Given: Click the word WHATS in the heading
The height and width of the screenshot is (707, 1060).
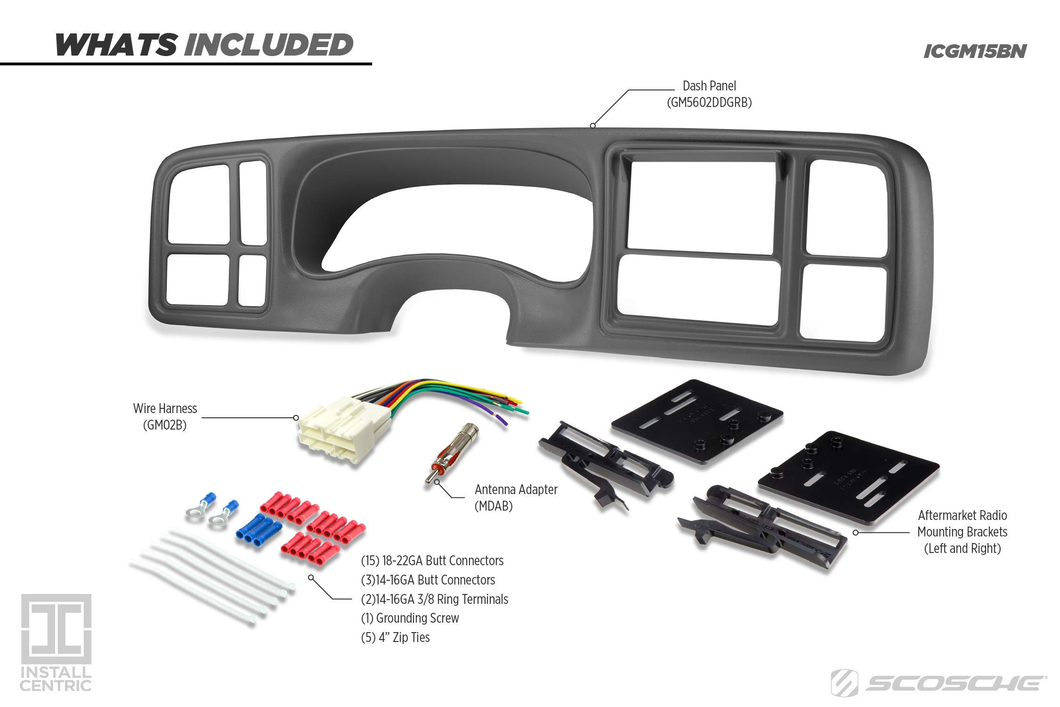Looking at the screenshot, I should tap(115, 45).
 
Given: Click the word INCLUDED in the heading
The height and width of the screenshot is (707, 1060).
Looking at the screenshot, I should tap(268, 45).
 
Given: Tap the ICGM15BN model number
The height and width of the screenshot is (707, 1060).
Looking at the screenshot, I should tap(974, 52).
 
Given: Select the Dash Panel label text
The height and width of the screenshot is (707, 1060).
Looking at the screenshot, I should tap(709, 86).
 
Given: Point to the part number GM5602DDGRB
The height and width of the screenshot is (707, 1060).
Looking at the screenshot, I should tap(709, 103).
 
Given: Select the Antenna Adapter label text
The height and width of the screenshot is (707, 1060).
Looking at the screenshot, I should tap(516, 490).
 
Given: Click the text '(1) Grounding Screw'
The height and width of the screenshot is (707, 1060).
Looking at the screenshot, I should tap(410, 618).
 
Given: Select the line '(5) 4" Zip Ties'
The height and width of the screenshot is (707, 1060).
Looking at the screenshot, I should tap(395, 637).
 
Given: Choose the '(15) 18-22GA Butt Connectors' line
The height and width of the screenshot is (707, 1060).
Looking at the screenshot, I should tap(432, 561).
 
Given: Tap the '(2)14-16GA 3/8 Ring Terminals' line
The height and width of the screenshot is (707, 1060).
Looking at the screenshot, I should tap(434, 599).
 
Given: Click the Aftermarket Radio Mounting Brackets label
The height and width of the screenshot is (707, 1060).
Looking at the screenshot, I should tap(962, 532).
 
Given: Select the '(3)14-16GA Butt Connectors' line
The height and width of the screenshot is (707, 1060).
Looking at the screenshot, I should tap(428, 580).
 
